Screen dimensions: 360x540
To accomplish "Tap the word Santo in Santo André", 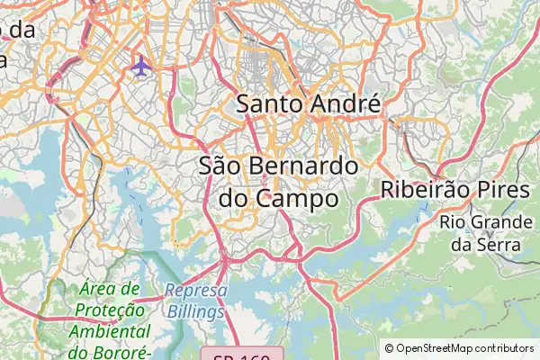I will (x=267, y=103).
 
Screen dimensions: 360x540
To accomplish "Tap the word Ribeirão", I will (x=422, y=190).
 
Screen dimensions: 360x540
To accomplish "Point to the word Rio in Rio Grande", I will (x=454, y=221).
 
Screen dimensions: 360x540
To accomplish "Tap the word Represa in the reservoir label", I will (x=195, y=291).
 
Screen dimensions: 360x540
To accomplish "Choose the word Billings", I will (x=195, y=311).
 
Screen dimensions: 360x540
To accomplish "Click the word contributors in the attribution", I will (x=504, y=347).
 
